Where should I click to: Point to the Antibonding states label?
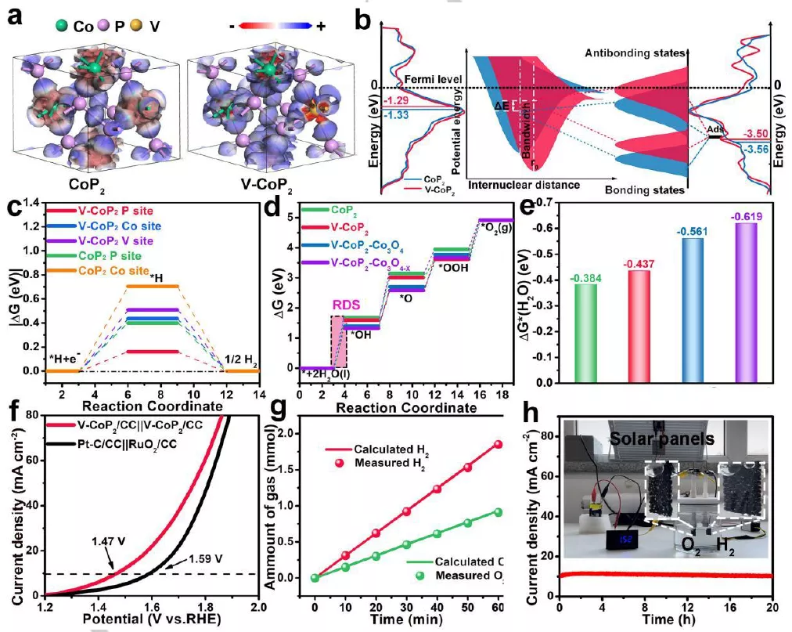click(x=634, y=52)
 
